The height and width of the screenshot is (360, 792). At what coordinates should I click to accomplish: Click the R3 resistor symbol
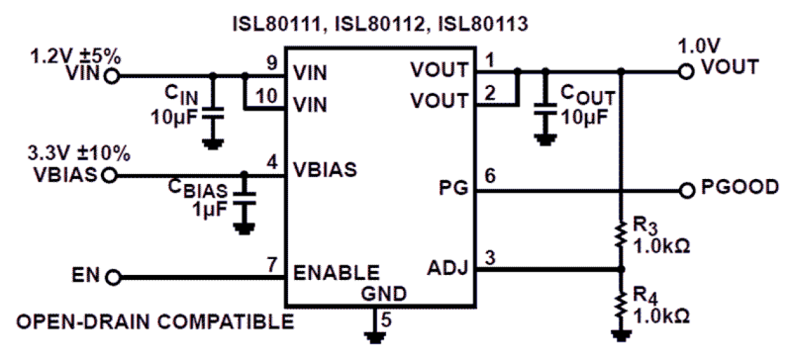coord(621,234)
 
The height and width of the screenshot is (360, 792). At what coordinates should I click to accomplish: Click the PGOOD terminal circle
coord(687,189)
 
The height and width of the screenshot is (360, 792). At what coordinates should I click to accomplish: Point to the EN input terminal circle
coord(114,276)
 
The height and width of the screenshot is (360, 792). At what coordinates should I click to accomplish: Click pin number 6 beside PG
coord(490,178)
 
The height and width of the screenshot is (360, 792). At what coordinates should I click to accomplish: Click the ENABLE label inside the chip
coord(336,273)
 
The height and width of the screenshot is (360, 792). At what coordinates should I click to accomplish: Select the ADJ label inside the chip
coord(447,269)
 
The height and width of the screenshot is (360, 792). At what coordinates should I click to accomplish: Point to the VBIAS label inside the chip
coord(325,170)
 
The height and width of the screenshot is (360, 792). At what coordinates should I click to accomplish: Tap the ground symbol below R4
coord(621,335)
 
